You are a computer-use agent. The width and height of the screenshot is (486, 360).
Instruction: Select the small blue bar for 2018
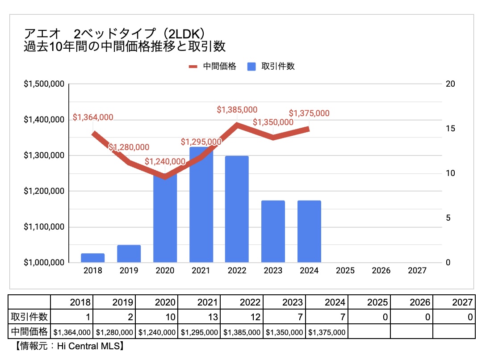point(93,258)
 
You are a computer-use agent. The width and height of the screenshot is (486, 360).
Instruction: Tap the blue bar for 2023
point(273,231)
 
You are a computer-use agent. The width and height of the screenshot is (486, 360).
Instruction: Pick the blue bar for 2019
point(129,253)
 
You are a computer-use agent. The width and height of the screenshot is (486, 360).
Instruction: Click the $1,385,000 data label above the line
point(237,109)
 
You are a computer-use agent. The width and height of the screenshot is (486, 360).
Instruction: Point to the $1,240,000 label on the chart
point(165,162)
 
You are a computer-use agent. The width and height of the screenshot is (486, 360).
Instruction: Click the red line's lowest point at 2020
point(165,176)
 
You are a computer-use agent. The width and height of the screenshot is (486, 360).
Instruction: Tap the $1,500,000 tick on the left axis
point(44,84)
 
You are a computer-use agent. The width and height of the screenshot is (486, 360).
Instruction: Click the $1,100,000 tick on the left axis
point(44,227)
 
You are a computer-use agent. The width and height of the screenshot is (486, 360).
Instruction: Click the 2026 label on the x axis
point(381,271)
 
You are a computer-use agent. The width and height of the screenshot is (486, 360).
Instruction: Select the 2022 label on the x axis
point(237,271)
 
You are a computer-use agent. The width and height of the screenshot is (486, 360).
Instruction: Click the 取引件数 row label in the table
point(29,317)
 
